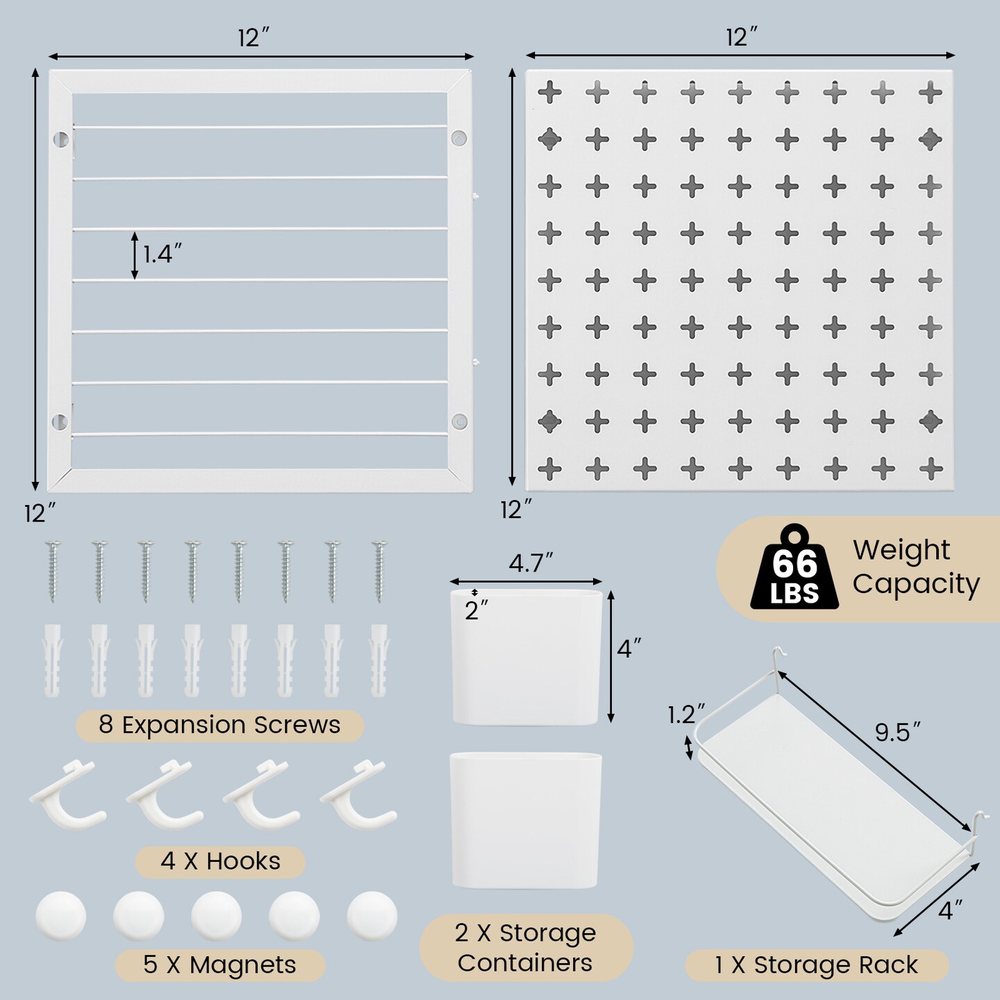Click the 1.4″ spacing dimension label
coord(162,254)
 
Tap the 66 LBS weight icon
coord(794,569)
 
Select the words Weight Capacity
coord(915,567)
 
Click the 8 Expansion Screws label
coord(219,725)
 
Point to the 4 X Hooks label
coord(220,861)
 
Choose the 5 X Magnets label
coord(219,965)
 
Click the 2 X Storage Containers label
coord(526,947)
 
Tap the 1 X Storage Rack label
coord(816,965)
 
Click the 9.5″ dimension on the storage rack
coord(897,733)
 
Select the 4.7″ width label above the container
coord(531,563)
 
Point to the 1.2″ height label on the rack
coord(685,715)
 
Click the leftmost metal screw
coord(53,571)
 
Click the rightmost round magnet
coord(372,915)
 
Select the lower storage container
coord(526,820)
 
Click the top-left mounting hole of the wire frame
coord(60,139)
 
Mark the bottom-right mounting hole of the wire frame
coord(459,422)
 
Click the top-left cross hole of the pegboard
coord(549,92)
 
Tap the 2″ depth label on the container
coord(476,610)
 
